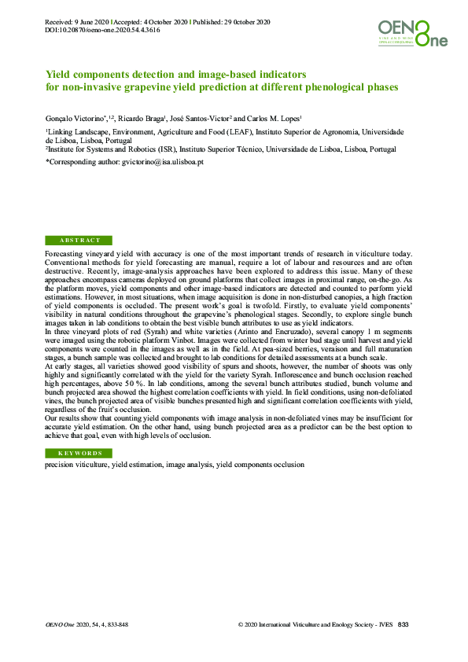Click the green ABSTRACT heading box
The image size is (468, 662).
(x=79, y=240)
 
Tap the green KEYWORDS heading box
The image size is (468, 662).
(x=79, y=454)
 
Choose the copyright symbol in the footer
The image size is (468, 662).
(x=239, y=625)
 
